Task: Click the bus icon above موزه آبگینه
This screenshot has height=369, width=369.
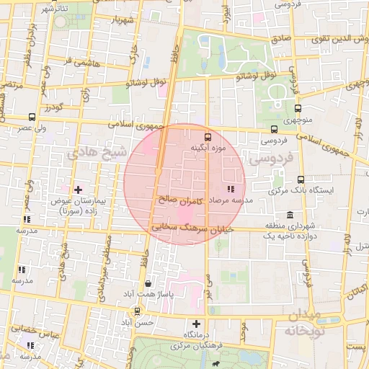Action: click(208, 136)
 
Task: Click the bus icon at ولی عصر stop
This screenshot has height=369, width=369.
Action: click(31, 117)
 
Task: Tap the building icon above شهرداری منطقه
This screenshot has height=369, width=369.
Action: click(289, 215)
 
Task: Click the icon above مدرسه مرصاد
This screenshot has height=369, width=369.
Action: click(230, 189)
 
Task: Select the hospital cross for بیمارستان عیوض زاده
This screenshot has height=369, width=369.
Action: click(78, 190)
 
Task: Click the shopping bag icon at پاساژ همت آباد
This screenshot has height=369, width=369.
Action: click(148, 284)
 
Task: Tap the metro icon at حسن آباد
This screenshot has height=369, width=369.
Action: click(137, 311)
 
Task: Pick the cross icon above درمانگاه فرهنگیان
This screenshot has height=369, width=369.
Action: click(196, 324)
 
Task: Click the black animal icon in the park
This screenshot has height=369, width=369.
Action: click(215, 364)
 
